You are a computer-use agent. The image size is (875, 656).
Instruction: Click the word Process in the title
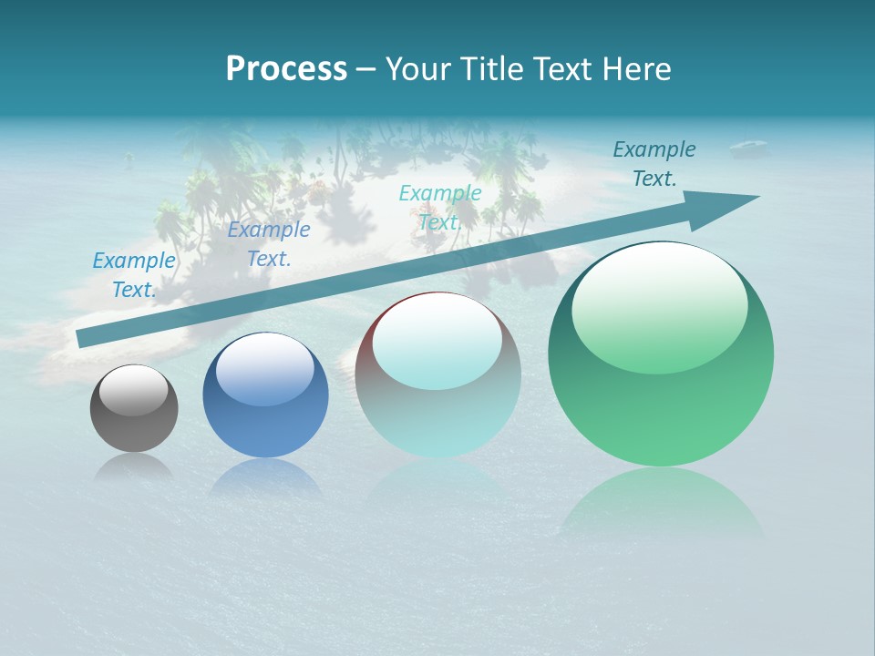point(286,69)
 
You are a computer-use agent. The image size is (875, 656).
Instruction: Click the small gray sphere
point(134,409)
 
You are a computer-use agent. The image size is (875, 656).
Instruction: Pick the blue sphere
point(265,395)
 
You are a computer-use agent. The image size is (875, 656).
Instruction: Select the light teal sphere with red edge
point(437,375)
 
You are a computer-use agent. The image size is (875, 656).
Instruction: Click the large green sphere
point(661,354)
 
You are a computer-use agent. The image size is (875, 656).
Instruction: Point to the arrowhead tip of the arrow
point(757,197)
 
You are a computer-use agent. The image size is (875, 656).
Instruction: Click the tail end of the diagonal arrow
point(80,339)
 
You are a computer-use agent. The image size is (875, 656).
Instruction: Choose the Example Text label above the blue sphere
point(269,244)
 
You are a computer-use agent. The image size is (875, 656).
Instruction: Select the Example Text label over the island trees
point(440,208)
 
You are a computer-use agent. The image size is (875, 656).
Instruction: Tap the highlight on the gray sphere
point(133,390)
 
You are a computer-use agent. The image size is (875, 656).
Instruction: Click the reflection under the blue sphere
point(265,477)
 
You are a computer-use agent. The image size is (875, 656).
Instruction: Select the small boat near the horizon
point(749,146)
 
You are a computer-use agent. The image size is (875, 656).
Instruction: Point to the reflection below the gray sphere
point(134,467)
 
